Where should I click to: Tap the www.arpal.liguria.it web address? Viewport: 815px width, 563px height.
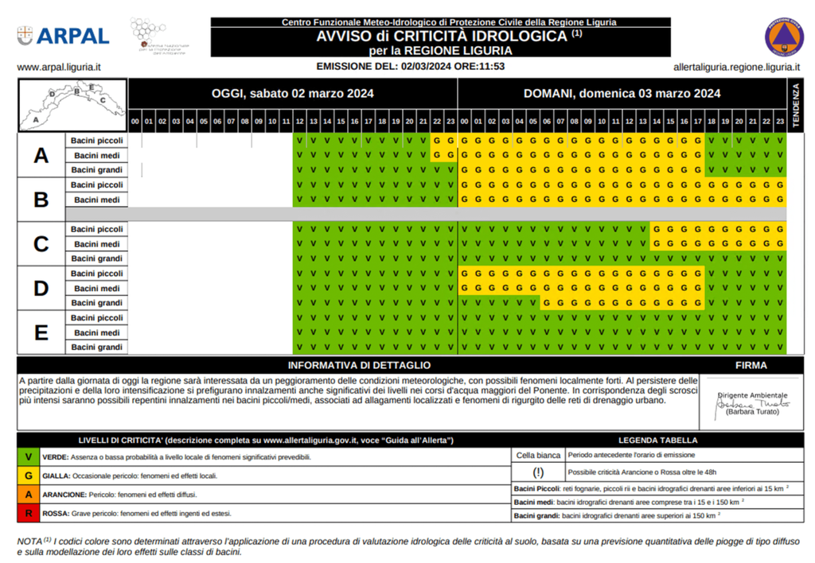click(64, 67)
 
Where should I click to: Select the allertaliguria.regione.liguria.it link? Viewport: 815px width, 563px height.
click(736, 67)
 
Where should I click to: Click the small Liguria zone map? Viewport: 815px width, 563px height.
click(72, 104)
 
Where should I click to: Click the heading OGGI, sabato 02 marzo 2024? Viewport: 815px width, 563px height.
click(292, 93)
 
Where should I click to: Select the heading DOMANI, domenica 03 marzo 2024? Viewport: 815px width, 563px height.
click(622, 93)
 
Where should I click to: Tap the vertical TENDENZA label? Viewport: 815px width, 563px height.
click(794, 105)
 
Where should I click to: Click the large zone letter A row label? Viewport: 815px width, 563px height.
click(41, 155)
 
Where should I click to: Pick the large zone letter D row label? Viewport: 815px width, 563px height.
click(41, 288)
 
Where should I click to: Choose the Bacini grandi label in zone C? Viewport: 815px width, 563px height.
click(96, 258)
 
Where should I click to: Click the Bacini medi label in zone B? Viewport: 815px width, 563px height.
click(96, 200)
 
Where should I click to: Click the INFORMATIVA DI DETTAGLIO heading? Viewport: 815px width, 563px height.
click(359, 366)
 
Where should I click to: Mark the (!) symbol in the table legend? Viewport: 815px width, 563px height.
click(538, 472)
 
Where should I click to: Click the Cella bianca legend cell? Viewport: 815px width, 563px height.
click(538, 456)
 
